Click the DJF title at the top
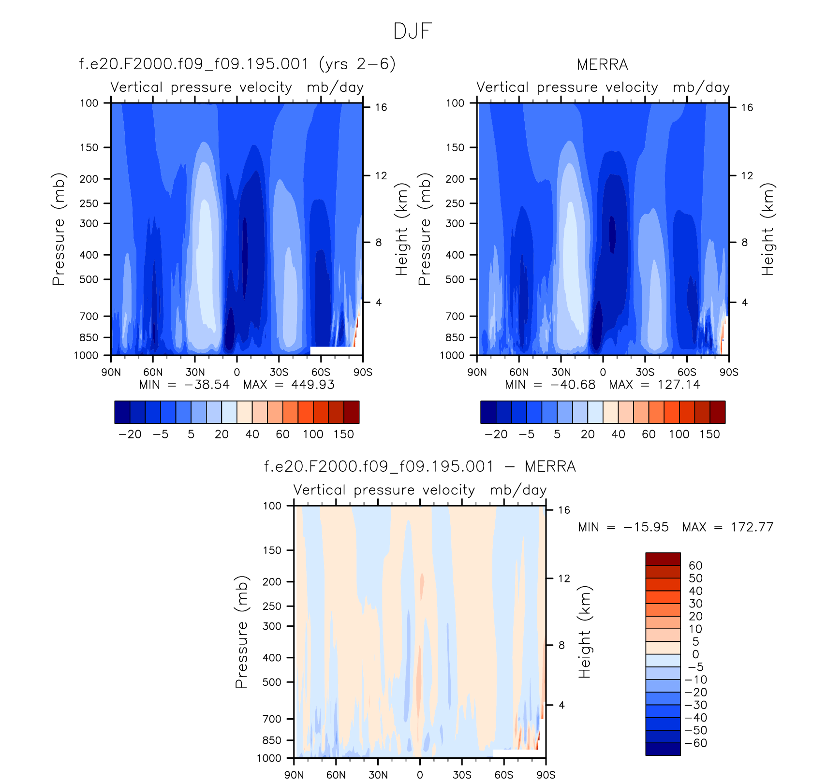point(412,31)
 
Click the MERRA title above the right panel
point(602,65)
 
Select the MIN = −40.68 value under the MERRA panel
point(550,385)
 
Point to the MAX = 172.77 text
point(727,527)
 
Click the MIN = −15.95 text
point(623,527)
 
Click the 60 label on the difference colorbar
point(695,566)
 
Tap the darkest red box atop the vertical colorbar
point(663,559)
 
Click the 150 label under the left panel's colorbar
point(343,434)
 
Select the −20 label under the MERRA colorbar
point(496,434)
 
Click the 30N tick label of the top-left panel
point(195,373)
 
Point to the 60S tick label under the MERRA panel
point(687,373)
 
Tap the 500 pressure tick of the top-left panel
point(89,279)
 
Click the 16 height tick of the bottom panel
point(564,510)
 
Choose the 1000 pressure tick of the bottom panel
point(269,758)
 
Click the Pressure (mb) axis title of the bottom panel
point(241,632)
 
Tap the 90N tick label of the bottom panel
point(294,775)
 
